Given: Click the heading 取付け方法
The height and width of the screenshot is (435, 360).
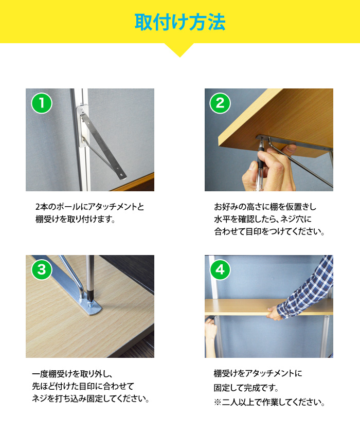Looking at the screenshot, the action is [x=180, y=22].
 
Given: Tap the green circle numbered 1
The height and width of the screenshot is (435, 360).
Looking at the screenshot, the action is [x=42, y=103].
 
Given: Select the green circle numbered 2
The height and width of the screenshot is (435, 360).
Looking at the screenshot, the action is [x=220, y=103].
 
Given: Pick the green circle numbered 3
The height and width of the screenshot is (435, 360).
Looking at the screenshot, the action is [x=42, y=269].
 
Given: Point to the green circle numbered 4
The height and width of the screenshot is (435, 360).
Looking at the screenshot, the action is [x=220, y=269].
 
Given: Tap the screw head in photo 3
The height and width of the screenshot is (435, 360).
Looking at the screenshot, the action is [x=91, y=304].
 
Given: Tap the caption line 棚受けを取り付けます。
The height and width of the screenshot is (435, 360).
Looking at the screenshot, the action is [x=75, y=219].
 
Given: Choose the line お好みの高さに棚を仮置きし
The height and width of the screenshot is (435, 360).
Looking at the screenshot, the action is [x=265, y=207].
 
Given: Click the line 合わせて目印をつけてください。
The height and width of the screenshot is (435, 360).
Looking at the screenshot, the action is [x=269, y=231].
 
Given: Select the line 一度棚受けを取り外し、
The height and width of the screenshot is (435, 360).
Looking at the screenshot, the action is [x=72, y=374].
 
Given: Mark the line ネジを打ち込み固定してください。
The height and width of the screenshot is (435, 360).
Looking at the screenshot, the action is [x=91, y=398].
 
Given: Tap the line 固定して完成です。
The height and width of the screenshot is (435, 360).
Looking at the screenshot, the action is [x=246, y=388].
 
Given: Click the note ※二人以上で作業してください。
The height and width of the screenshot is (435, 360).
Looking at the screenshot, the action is [x=269, y=402].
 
